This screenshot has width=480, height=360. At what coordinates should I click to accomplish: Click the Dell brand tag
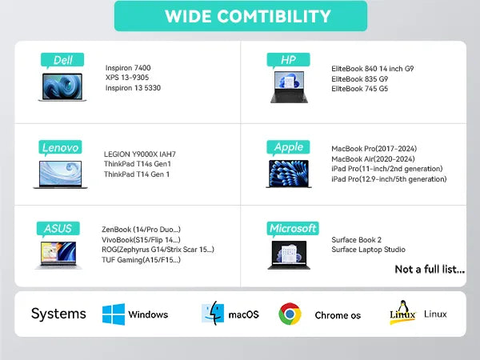click(x=62, y=60)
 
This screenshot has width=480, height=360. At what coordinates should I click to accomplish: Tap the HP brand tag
click(x=288, y=60)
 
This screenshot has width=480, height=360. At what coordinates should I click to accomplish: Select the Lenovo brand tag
click(x=60, y=147)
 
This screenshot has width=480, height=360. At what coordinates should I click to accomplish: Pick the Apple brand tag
click(x=288, y=147)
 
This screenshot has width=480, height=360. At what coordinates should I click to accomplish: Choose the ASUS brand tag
click(x=58, y=229)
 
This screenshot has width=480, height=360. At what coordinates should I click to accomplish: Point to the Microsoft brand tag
click(x=293, y=229)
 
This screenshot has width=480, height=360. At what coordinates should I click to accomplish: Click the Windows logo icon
click(x=114, y=314)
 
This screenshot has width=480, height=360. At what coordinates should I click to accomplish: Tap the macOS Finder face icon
click(x=213, y=313)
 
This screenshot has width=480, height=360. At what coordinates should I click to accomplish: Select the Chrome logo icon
click(x=290, y=314)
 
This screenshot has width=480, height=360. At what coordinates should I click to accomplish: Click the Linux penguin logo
click(x=402, y=312)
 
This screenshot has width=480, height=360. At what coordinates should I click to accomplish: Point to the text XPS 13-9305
click(x=127, y=78)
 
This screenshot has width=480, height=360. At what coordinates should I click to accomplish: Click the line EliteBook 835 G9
click(x=360, y=79)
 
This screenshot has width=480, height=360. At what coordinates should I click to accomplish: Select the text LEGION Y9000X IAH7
click(x=140, y=154)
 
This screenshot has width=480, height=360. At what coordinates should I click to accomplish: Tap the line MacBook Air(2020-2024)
click(x=373, y=159)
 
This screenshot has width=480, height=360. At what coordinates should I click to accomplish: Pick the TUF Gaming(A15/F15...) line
click(x=141, y=260)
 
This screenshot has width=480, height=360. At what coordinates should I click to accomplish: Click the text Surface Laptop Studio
click(x=368, y=250)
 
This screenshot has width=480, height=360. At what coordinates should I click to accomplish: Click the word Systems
click(x=58, y=314)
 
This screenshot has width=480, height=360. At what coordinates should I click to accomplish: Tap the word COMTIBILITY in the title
click(x=274, y=16)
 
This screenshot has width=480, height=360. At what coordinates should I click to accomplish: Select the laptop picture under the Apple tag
click(x=289, y=174)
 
